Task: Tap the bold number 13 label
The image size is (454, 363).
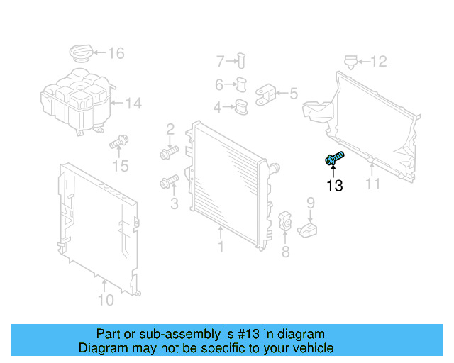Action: coord(334,186)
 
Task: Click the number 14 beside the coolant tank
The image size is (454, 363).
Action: coord(133,104)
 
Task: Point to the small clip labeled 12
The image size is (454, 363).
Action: coord(350,62)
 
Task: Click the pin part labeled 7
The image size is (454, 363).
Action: coord(240,61)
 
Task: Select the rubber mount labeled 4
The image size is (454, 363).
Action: coord(242,108)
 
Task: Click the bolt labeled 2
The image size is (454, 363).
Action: coord(168,152)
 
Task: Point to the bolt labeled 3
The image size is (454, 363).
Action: coord(168,184)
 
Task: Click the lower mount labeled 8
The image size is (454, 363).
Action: coord(285,220)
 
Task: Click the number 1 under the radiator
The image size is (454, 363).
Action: coord(221,247)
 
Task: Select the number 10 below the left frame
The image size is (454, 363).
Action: coord(105,300)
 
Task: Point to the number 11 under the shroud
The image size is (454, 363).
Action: coord(373,184)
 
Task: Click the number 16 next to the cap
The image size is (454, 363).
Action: coord(116,53)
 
